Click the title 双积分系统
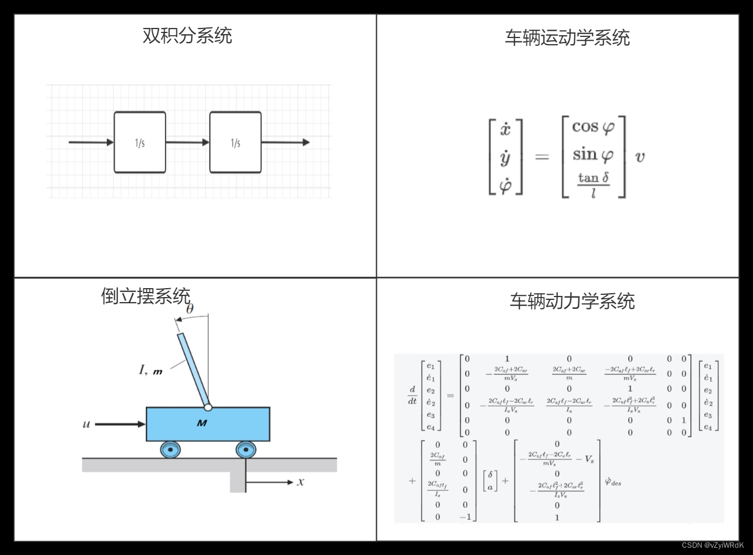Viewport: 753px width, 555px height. [x=187, y=36]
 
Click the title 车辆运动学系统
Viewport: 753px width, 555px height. [x=567, y=38]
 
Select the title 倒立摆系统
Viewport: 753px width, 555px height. [x=145, y=296]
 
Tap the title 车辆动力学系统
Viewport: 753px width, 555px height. [x=572, y=302]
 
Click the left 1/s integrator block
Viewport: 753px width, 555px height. [x=140, y=143]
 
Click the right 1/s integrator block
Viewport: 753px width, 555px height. [x=235, y=143]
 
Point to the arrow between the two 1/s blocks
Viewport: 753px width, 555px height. [x=187, y=142]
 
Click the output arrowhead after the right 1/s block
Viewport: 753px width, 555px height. [x=306, y=142]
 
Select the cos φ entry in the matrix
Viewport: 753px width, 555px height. [x=593, y=128]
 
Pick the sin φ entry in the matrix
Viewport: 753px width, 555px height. [x=593, y=154]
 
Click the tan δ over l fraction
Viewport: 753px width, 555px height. [x=593, y=185]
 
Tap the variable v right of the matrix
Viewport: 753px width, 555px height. [x=640, y=157]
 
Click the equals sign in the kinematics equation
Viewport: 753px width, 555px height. [x=542, y=157]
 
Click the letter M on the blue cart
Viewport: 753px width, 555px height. [x=202, y=423]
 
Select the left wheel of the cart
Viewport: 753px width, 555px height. [x=170, y=449]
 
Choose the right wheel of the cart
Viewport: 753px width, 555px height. [x=245, y=449]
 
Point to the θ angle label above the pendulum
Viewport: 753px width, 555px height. [x=190, y=309]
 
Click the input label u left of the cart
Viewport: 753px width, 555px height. [x=86, y=424]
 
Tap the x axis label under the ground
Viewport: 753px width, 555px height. [x=300, y=482]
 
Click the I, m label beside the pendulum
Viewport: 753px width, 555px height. [x=150, y=370]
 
